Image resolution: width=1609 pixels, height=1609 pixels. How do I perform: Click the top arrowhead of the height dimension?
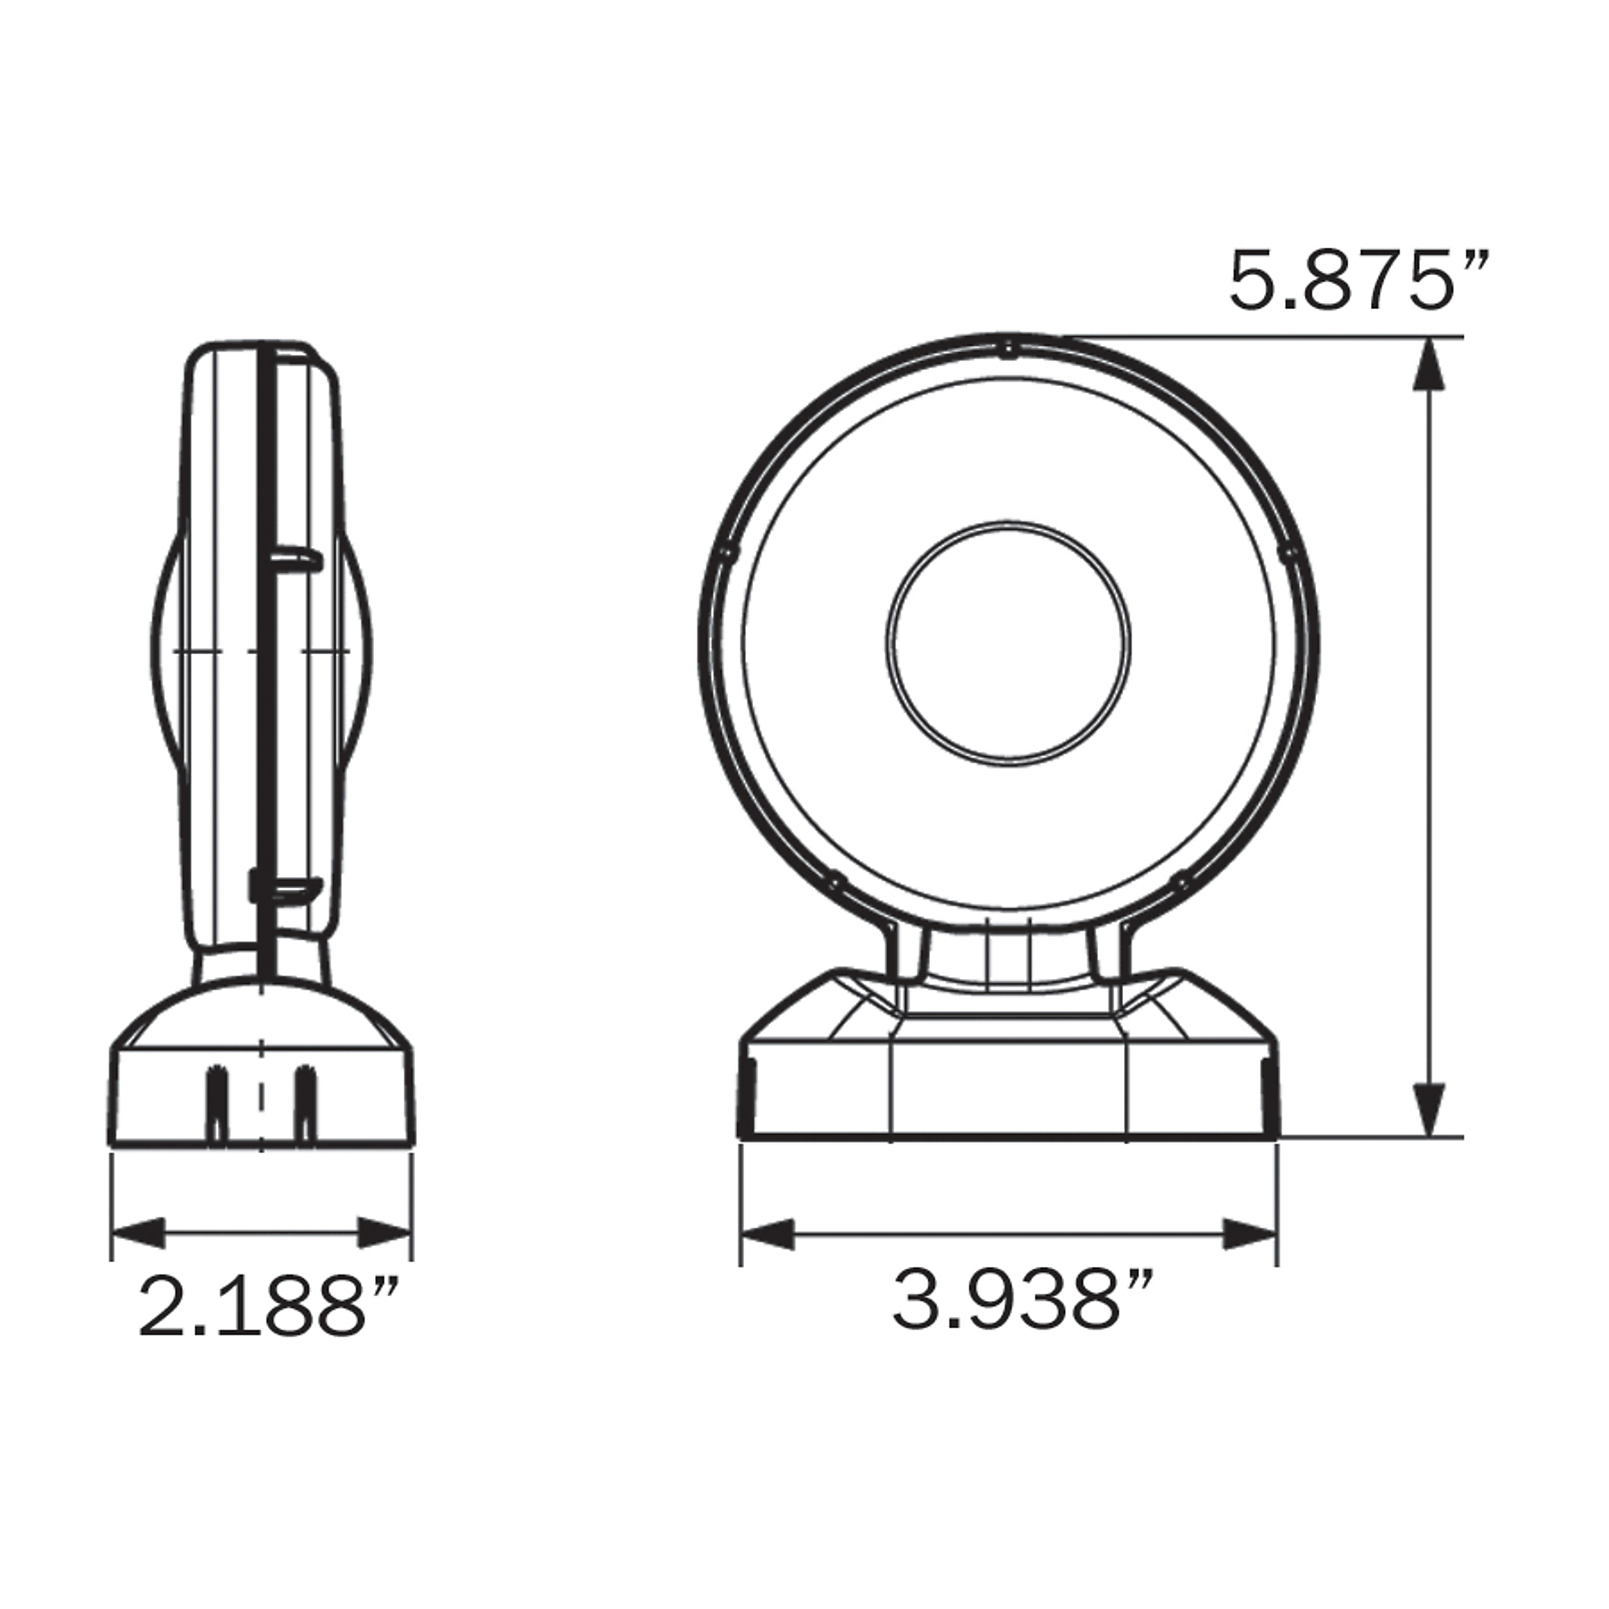[x=1429, y=364]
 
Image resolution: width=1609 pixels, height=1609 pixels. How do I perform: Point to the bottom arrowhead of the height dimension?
[x=1429, y=1109]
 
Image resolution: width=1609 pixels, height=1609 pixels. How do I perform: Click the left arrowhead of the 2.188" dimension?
[x=138, y=1232]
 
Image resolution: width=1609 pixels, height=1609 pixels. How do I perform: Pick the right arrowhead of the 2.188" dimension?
[x=385, y=1232]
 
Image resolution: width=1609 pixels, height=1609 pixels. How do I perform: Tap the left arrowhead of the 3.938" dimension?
[x=767, y=1233]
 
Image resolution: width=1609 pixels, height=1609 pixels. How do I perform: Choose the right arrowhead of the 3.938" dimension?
[x=1250, y=1233]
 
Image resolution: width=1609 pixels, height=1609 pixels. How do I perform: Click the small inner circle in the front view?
[x=1008, y=643]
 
